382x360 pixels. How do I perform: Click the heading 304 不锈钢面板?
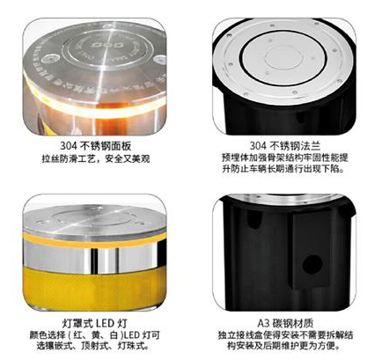96,146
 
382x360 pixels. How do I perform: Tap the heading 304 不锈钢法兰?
285,146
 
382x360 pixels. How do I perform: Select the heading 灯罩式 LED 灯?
95,323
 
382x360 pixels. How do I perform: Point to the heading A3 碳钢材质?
285,323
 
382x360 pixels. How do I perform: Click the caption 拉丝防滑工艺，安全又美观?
96,158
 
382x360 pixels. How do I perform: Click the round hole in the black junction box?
312,263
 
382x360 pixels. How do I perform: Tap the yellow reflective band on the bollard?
95,288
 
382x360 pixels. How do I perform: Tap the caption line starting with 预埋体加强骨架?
285,158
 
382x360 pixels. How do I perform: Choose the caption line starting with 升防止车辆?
283,169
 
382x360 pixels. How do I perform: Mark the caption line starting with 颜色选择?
95,334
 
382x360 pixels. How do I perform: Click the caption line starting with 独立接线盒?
285,334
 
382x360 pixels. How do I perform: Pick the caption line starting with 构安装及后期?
284,346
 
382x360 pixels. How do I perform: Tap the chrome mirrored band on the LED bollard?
95,258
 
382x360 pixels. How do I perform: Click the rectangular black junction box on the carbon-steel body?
312,249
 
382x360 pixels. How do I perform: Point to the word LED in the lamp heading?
105,323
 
